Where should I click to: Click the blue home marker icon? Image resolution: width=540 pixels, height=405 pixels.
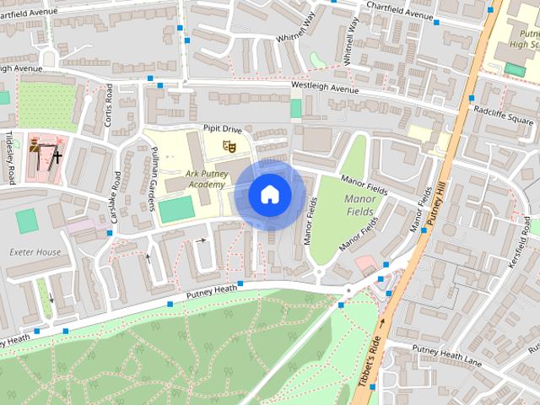(269, 195)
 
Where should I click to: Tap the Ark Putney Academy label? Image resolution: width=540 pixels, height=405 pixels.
(194, 179)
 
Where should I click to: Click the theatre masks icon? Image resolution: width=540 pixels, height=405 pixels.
(226, 147)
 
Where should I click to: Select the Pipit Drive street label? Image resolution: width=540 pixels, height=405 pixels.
(222, 129)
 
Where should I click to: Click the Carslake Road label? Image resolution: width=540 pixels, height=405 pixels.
(116, 197)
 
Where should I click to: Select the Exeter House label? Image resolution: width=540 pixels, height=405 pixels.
(35, 251)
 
